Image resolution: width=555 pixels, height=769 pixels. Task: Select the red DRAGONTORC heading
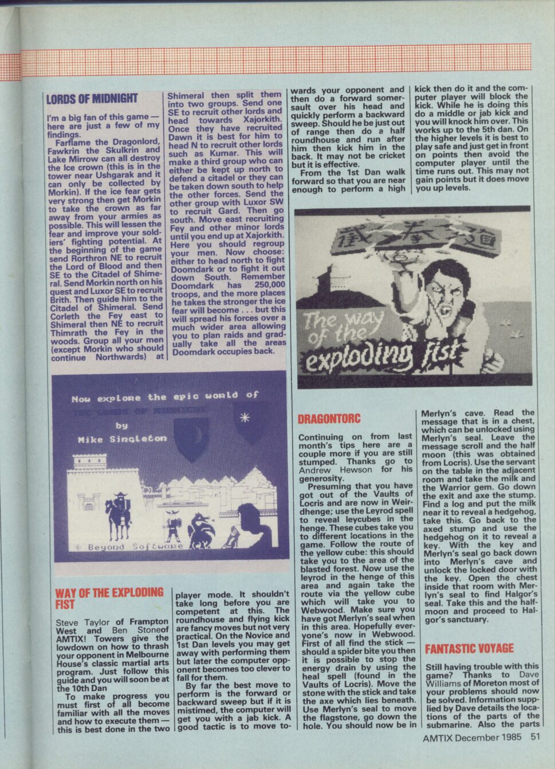[329, 419]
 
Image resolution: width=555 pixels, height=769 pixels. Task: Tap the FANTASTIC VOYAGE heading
[469, 648]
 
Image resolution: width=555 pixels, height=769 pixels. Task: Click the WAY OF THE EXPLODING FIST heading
[109, 597]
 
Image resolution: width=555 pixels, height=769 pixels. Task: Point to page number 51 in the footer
[535, 737]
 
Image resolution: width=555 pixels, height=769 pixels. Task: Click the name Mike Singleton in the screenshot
[121, 439]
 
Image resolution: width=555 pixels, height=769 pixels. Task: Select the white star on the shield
[245, 417]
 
